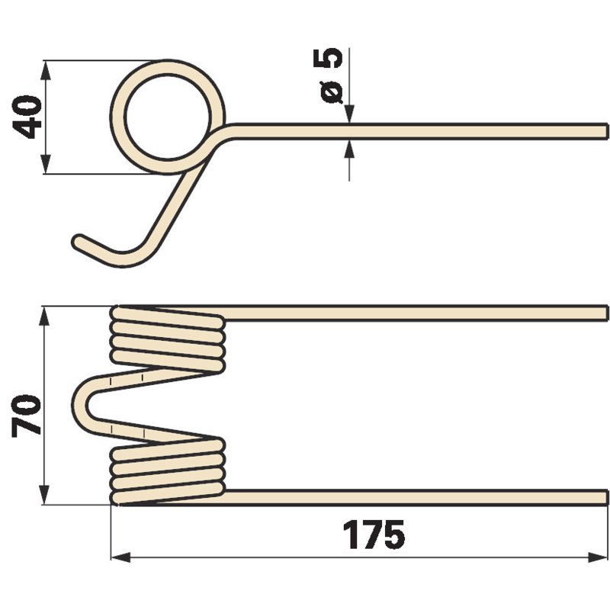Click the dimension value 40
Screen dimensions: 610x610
tap(27, 117)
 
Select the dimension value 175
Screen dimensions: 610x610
tap(374, 535)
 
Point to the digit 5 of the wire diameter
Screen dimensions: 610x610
tap(328, 58)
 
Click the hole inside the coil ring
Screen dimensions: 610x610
tap(168, 117)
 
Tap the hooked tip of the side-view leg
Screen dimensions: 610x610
tap(79, 241)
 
